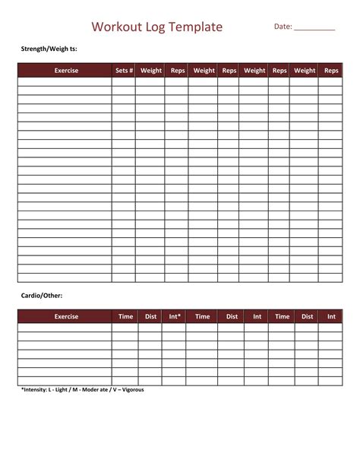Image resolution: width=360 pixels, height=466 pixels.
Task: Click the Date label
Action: (283, 27)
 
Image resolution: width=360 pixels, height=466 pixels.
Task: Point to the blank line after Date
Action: (314, 28)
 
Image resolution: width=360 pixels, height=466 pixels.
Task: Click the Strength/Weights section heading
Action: (49, 49)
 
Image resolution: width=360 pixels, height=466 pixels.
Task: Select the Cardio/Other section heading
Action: (41, 296)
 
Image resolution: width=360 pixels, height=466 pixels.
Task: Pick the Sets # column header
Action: (124, 71)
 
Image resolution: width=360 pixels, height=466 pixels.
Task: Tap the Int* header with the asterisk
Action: (175, 316)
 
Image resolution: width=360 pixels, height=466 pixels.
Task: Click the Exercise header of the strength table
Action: (66, 71)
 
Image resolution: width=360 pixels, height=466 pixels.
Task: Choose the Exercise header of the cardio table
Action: (66, 316)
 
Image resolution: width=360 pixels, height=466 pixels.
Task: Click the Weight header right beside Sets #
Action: (151, 71)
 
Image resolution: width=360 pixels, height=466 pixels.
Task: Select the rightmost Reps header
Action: (331, 71)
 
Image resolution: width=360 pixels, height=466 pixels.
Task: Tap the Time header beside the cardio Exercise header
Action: (125, 316)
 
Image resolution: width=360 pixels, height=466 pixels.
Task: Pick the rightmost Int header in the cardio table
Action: (331, 316)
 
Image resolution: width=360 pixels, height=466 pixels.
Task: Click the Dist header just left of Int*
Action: (150, 316)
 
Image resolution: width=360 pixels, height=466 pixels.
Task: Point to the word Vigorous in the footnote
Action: (130, 390)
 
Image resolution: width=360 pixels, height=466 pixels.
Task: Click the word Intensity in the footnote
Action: (36, 390)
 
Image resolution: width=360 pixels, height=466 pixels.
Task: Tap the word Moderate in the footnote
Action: (97, 390)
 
